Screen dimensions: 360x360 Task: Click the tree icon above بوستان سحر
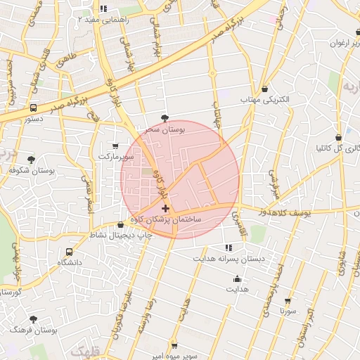[x=165, y=118]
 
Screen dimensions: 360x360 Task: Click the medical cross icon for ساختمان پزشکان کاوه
[x=165, y=209]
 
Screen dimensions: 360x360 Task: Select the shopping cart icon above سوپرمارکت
[x=115, y=146]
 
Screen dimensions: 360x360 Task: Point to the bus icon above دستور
[x=33, y=108]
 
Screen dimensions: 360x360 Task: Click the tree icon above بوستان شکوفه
[x=30, y=160]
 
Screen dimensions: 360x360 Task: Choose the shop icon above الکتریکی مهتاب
[x=264, y=89]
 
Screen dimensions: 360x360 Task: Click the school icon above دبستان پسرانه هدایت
[x=229, y=247]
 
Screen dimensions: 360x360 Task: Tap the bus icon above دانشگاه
[x=69, y=251]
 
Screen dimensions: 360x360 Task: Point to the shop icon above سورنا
[x=288, y=300]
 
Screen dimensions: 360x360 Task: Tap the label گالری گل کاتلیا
[x=339, y=148]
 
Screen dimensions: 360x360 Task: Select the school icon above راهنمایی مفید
[x=103, y=8]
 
